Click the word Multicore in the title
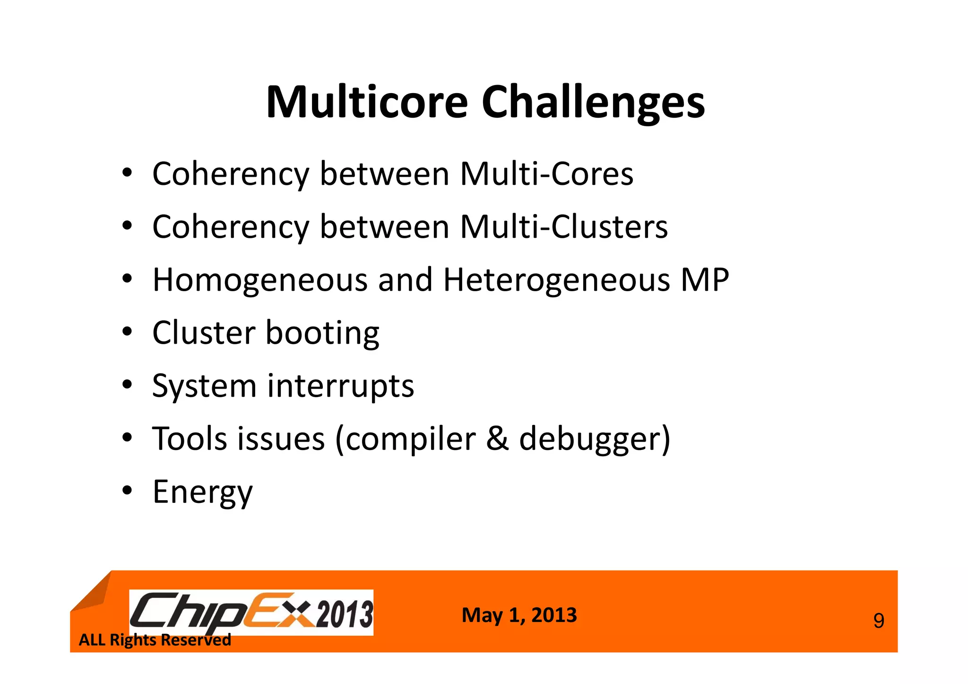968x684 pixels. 367,103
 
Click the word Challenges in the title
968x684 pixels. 593,103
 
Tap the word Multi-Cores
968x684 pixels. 546,174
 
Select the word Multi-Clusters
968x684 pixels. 563,227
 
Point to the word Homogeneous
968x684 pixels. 260,280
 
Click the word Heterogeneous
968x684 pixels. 557,280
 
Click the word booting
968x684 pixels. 322,333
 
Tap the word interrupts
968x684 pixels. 340,386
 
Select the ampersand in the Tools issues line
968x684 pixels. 497,439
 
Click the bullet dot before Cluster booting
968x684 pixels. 127,332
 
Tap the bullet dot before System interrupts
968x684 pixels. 127,385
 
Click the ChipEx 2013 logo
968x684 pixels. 251,613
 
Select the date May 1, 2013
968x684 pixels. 519,615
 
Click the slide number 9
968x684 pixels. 878,621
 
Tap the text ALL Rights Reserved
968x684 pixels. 155,640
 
